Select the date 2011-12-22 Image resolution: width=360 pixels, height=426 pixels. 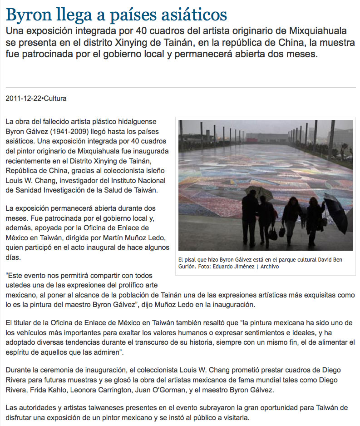[x=23, y=98]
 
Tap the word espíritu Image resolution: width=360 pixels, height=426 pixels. [x=18, y=352]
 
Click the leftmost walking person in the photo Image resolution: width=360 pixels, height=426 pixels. [x=250, y=213]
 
